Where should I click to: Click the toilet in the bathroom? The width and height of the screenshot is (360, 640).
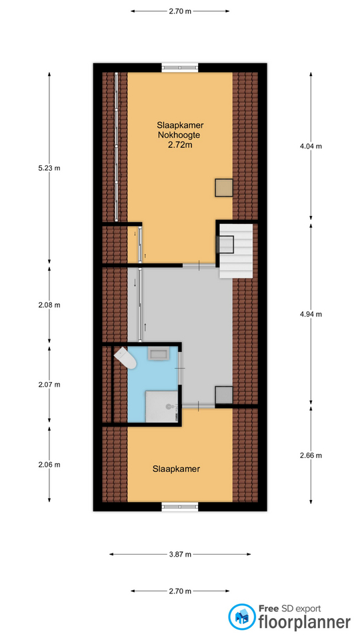pyautogui.click(x=125, y=358)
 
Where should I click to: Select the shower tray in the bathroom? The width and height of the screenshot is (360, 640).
pyautogui.click(x=162, y=407)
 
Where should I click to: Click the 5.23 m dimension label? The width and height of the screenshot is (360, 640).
pyautogui.click(x=49, y=168)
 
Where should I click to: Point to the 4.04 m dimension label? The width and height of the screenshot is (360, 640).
pyautogui.click(x=311, y=146)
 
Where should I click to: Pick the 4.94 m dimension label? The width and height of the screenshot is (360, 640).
pyautogui.click(x=311, y=314)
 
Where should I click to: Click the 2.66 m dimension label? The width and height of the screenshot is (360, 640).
pyautogui.click(x=311, y=455)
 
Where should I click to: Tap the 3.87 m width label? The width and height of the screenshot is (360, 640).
pyautogui.click(x=180, y=554)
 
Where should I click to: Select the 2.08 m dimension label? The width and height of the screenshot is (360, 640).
pyautogui.click(x=49, y=305)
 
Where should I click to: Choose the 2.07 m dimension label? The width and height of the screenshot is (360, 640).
pyautogui.click(x=49, y=385)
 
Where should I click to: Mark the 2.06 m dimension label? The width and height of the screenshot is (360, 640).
pyautogui.click(x=49, y=465)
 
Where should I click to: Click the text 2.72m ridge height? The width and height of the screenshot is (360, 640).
pyautogui.click(x=180, y=145)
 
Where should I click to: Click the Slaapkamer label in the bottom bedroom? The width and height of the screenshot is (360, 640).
pyautogui.click(x=176, y=469)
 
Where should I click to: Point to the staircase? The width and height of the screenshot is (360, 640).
pyautogui.click(x=236, y=251)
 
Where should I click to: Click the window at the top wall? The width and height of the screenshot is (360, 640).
pyautogui.click(x=180, y=67)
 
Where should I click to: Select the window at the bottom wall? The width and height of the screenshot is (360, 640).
pyautogui.click(x=180, y=507)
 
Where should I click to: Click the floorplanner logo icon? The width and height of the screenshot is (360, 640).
pyautogui.click(x=241, y=617)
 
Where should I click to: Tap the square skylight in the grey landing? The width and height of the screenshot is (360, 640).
pyautogui.click(x=224, y=395)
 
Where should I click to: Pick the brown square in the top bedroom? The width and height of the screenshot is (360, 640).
pyautogui.click(x=224, y=188)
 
